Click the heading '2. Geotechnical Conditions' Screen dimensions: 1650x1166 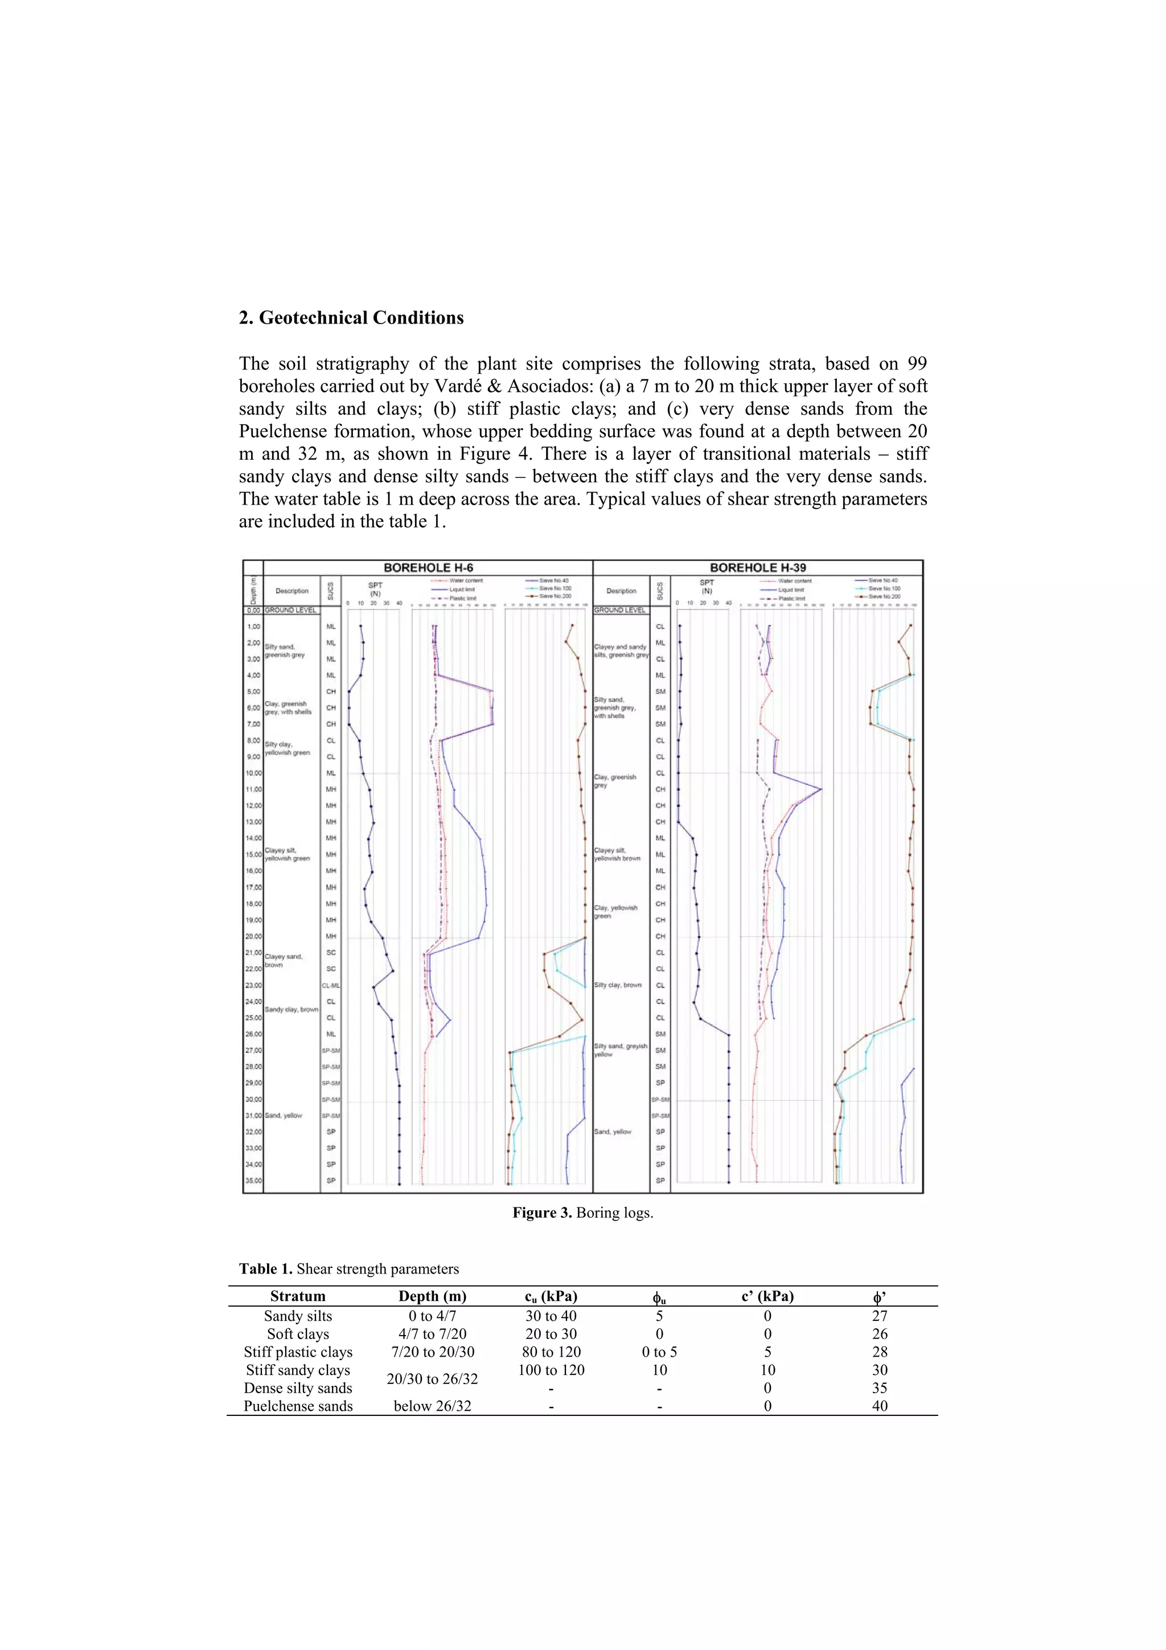(x=351, y=318)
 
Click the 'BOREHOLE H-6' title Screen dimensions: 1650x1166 (x=428, y=568)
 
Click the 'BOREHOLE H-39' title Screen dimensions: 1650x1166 (x=758, y=568)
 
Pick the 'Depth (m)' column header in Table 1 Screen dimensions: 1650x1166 (x=433, y=1296)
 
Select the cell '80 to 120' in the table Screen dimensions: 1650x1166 (x=551, y=1352)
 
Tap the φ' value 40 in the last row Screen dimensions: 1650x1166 (x=880, y=1406)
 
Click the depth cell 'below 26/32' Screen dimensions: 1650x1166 (x=433, y=1406)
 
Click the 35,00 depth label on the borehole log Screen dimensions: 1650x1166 (x=253, y=1180)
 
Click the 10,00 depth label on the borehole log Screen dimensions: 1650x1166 (x=253, y=773)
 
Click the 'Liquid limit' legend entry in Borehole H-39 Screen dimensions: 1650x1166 (x=791, y=589)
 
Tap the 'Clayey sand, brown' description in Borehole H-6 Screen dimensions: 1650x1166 (x=283, y=960)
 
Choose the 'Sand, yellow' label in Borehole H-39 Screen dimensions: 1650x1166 (x=612, y=1131)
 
